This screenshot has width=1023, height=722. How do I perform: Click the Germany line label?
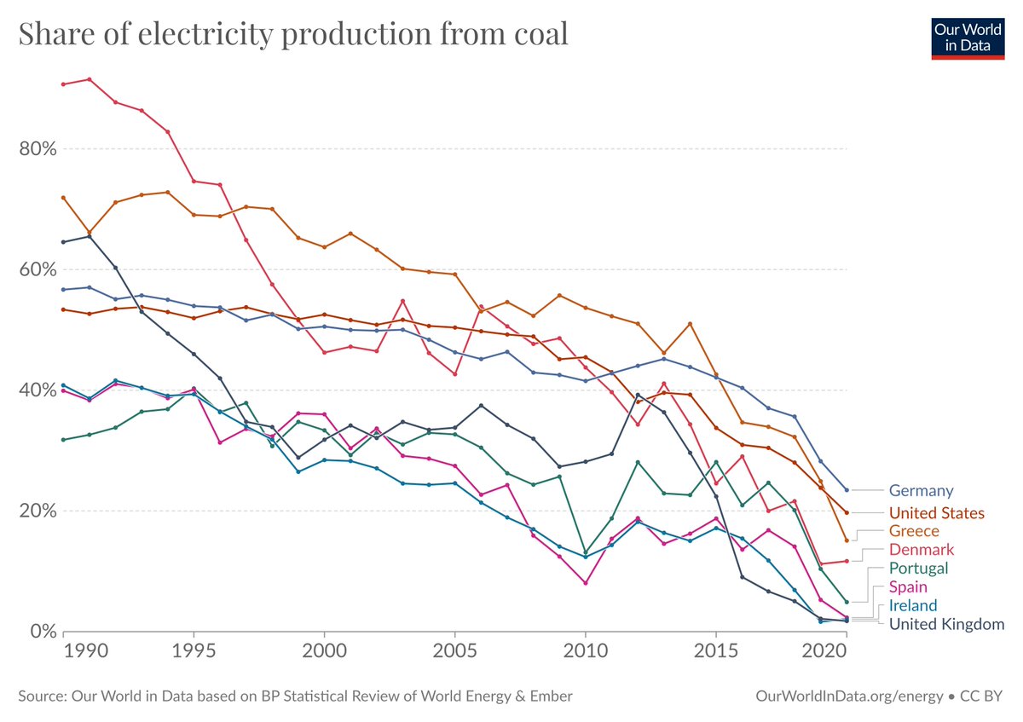coord(921,491)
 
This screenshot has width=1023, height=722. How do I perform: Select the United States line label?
coord(936,513)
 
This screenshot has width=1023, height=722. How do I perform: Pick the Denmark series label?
coord(921,550)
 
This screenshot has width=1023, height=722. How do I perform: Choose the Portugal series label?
coord(918,569)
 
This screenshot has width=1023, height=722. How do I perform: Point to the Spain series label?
coord(909,587)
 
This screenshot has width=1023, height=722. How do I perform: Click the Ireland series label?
coord(912,606)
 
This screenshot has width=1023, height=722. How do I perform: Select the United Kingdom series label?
coord(946,625)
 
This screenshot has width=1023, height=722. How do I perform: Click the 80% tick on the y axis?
coord(37,149)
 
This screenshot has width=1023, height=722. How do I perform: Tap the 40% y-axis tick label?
coord(37,390)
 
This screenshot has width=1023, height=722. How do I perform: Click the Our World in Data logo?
coord(968,36)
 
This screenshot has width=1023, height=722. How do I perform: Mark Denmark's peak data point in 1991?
coord(90,79)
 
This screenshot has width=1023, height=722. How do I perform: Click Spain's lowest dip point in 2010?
coord(585,583)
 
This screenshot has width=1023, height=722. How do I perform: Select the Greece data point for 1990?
coord(63,198)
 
